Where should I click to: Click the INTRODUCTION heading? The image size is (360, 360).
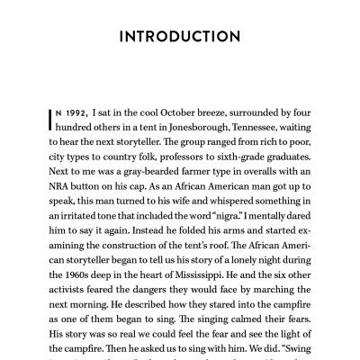tap(180, 37)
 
